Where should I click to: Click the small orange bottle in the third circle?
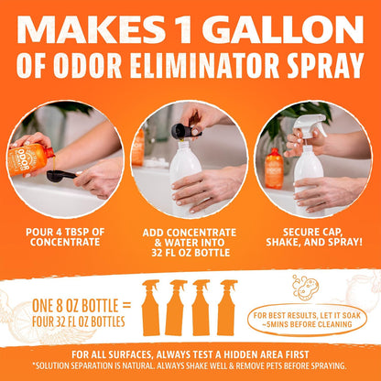coord(274,168)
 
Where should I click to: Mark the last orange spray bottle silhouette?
coord(227,308)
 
